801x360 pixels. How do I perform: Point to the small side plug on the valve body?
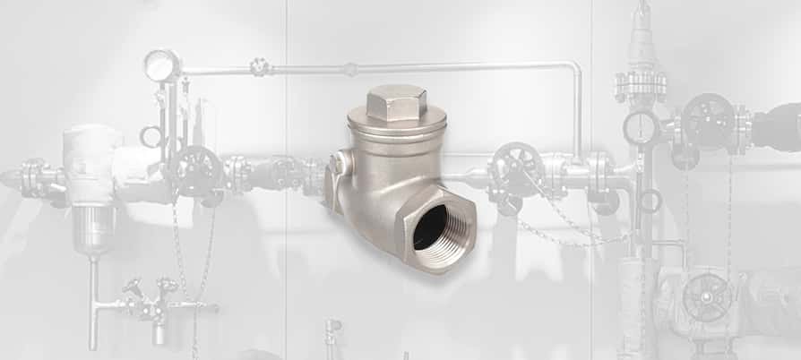tap(339, 164)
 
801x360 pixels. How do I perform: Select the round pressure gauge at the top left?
tap(162, 64)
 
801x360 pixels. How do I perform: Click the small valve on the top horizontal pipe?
tap(260, 67)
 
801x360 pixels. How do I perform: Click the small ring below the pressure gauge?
tap(151, 136)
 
